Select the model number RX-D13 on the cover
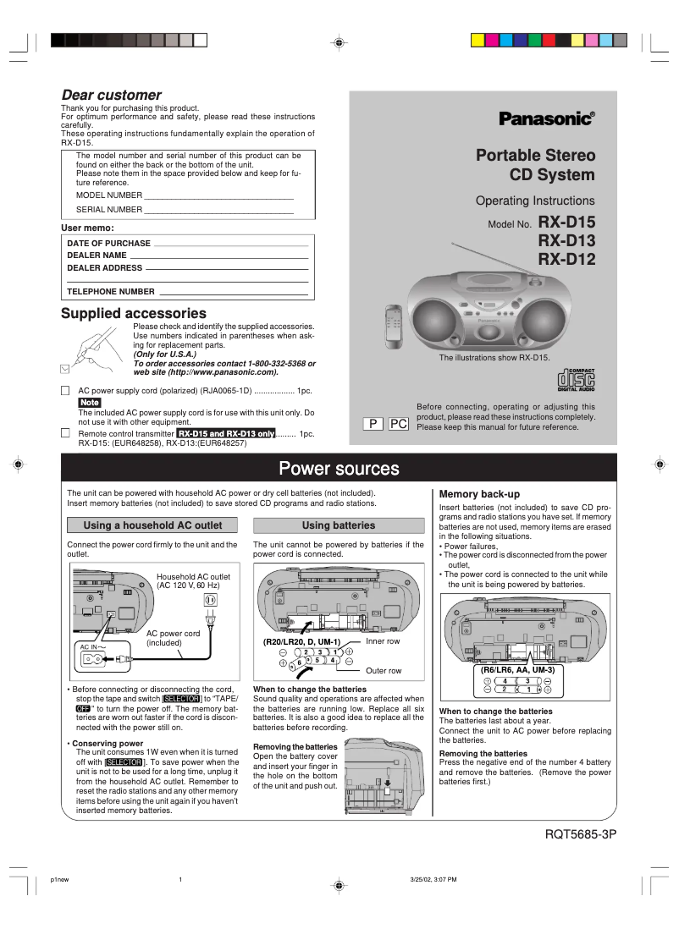click(566, 241)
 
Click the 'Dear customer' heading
click(111, 95)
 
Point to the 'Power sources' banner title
click(339, 469)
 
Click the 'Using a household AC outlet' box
click(152, 525)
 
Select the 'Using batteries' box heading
click(338, 525)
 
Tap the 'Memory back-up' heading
click(479, 494)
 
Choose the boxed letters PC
click(399, 423)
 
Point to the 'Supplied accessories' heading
click(133, 313)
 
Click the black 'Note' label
click(90, 403)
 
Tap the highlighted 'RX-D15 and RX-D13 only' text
click(226, 433)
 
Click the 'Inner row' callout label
click(383, 641)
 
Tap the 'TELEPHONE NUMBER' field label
click(110, 292)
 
